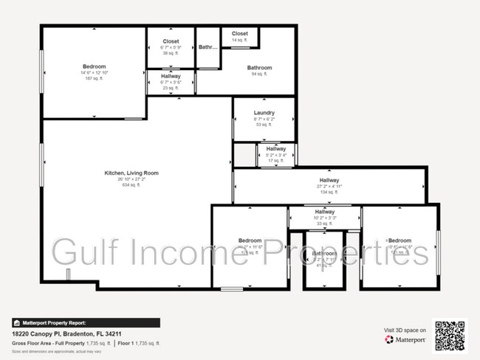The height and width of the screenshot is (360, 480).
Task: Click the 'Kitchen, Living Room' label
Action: [131, 173]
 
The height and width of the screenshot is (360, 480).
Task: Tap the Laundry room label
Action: [264, 113]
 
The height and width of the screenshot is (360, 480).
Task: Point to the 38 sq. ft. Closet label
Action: [171, 41]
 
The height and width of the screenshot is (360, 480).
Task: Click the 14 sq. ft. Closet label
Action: [240, 34]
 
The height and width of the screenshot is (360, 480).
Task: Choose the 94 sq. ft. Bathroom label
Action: [259, 68]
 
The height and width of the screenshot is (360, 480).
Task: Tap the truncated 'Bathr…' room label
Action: [208, 47]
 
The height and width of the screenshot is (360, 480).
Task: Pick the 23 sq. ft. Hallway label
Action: [171, 75]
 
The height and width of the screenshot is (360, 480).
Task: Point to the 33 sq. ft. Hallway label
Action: [325, 212]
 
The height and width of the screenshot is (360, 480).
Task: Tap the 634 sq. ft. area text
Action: [131, 185]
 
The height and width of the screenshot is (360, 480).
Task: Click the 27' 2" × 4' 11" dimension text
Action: [329, 187]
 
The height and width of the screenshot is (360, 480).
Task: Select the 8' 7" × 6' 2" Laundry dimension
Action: [264, 120]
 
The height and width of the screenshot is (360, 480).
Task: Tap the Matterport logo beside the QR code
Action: [405, 340]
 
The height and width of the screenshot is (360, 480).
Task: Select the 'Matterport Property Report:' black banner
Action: [86, 322]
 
